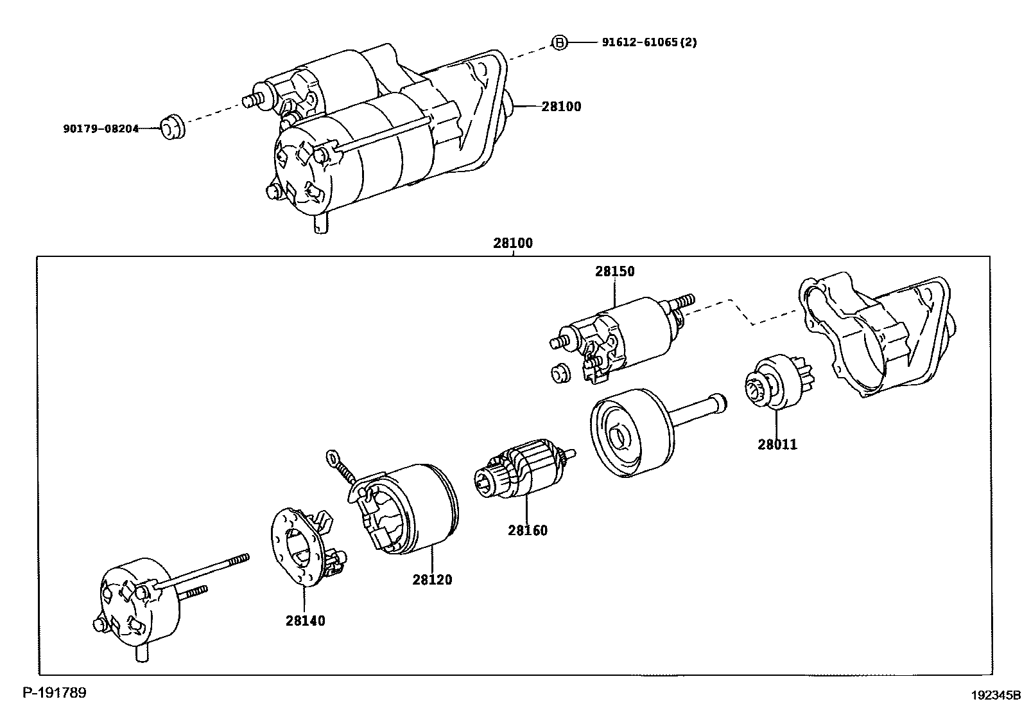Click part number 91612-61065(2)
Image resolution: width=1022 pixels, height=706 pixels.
649,42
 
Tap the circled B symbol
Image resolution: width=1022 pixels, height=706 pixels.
560,42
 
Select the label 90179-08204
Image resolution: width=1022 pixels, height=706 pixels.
101,128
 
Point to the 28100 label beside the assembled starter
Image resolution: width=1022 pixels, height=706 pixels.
561,107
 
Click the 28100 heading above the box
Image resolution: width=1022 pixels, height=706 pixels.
513,244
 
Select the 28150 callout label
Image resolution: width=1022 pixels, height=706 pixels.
614,272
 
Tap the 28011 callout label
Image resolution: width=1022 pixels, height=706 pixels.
777,445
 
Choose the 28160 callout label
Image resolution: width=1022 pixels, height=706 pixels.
528,531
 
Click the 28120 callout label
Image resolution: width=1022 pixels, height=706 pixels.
432,580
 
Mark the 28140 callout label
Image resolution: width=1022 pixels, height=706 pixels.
306,621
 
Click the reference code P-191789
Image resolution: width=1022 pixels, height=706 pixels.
55,693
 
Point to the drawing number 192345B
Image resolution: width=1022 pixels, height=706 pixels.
995,695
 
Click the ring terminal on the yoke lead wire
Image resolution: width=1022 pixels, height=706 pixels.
333,457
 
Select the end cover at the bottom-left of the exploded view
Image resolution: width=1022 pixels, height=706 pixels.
138,604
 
